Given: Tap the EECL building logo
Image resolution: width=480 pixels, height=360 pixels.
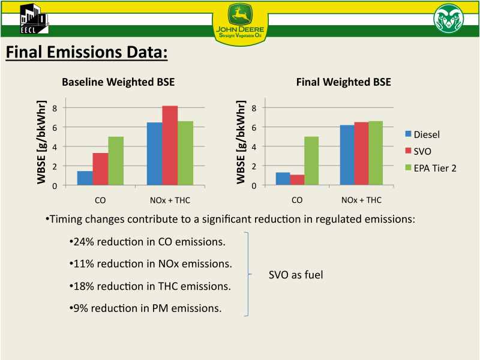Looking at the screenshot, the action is [x=34, y=19].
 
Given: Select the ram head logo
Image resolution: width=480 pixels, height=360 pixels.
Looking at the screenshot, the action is [x=449, y=19].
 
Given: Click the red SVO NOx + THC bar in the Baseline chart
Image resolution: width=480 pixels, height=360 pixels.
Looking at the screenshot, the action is [x=170, y=145].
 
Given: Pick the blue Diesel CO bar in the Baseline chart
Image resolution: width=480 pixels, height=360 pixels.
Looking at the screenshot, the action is [x=85, y=178].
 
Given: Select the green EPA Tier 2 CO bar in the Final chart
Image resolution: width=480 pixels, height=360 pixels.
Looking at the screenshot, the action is [x=311, y=161].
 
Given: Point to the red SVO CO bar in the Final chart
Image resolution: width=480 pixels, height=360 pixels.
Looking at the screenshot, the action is [x=297, y=180].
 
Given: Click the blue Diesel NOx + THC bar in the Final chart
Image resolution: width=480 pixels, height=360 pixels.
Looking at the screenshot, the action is [x=347, y=155].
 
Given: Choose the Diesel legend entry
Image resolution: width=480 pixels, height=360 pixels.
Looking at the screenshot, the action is [x=422, y=134].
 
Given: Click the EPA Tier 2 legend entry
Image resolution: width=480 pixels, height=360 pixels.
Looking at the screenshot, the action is [x=431, y=168].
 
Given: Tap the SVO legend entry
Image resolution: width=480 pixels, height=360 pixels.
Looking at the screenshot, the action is [x=418, y=151].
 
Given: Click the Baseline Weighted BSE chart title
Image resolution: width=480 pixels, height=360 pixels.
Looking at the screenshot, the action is [x=118, y=82].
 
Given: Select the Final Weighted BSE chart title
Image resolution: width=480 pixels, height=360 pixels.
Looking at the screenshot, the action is [x=343, y=82].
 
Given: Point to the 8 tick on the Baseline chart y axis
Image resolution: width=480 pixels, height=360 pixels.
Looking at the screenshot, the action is [x=55, y=108].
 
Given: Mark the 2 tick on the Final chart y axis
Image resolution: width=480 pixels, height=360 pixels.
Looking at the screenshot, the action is [x=254, y=166].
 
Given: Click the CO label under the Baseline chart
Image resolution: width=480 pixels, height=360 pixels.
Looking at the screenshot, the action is [x=100, y=200].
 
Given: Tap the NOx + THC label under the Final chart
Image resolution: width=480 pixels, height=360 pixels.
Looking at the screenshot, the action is [x=361, y=200].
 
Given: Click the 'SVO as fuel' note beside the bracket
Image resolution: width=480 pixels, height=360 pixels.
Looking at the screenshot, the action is [x=296, y=275].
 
